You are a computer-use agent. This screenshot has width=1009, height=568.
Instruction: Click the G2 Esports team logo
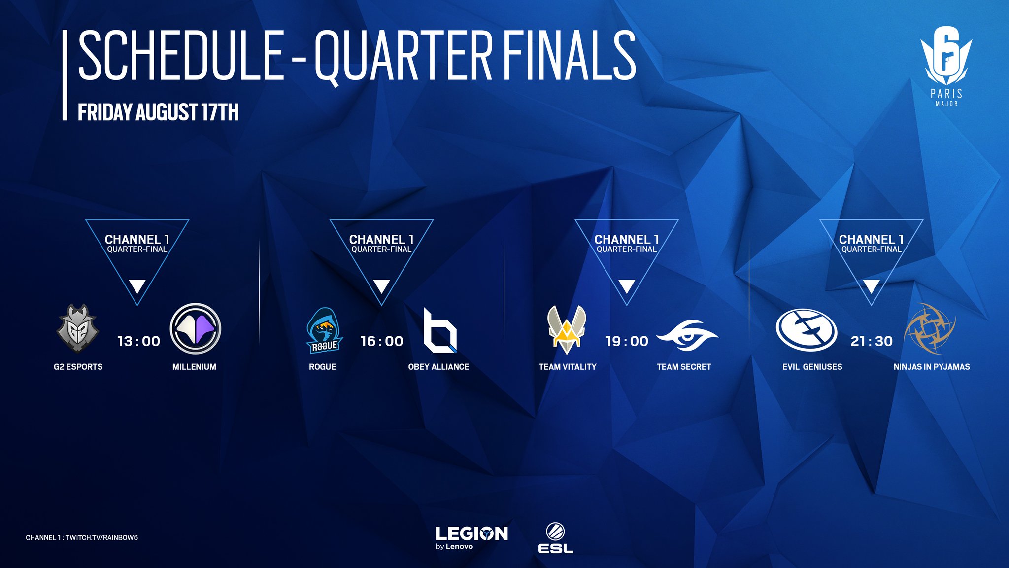pyautogui.click(x=78, y=328)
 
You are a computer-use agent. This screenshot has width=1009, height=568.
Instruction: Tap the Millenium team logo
pyautogui.click(x=195, y=328)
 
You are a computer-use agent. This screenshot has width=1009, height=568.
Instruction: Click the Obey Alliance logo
pyautogui.click(x=440, y=330)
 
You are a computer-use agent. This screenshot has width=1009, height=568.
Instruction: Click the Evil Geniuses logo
pyautogui.click(x=807, y=330)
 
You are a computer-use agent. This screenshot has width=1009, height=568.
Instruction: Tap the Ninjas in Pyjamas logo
pyautogui.click(x=930, y=328)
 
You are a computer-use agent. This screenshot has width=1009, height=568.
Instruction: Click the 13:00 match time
pyautogui.click(x=139, y=341)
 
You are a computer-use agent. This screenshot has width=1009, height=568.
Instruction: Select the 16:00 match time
pyautogui.click(x=382, y=341)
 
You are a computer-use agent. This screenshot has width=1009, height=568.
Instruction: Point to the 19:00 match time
pyautogui.click(x=627, y=341)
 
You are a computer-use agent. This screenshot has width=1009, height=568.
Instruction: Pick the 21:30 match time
pyautogui.click(x=872, y=341)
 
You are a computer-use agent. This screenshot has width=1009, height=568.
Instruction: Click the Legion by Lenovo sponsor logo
pyautogui.click(x=471, y=538)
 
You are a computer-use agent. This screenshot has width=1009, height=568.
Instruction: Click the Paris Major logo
pyautogui.click(x=946, y=66)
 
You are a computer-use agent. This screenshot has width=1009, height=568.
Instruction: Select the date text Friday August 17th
pyautogui.click(x=158, y=112)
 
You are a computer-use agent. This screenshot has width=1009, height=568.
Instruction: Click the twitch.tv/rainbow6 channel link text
pyautogui.click(x=101, y=538)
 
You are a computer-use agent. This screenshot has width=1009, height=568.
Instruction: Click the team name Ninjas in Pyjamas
pyautogui.click(x=932, y=367)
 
